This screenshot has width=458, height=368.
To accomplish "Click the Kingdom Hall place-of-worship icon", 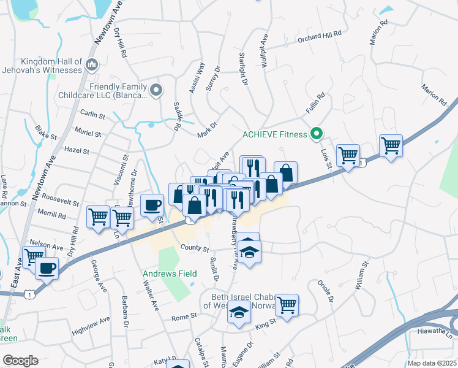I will click(x=92, y=63).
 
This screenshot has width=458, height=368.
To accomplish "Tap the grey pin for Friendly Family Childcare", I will click(x=156, y=91).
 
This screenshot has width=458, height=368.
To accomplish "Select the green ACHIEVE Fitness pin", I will click(x=317, y=133).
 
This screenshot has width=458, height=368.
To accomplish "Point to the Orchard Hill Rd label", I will click(x=319, y=35).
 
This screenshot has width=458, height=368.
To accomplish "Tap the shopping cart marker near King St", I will click(x=287, y=304).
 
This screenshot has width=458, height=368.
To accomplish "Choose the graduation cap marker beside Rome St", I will click(x=239, y=313).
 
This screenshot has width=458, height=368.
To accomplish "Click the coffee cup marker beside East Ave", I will click(x=47, y=267).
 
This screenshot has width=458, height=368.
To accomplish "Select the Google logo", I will click(x=20, y=361).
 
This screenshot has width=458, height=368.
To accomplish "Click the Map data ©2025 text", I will click(x=432, y=363).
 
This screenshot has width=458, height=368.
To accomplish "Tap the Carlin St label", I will click(x=92, y=115).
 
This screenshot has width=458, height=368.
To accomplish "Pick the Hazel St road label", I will click(x=77, y=150).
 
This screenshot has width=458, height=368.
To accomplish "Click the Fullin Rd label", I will click(x=315, y=104).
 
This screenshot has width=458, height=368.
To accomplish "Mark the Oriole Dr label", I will click(x=325, y=291).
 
